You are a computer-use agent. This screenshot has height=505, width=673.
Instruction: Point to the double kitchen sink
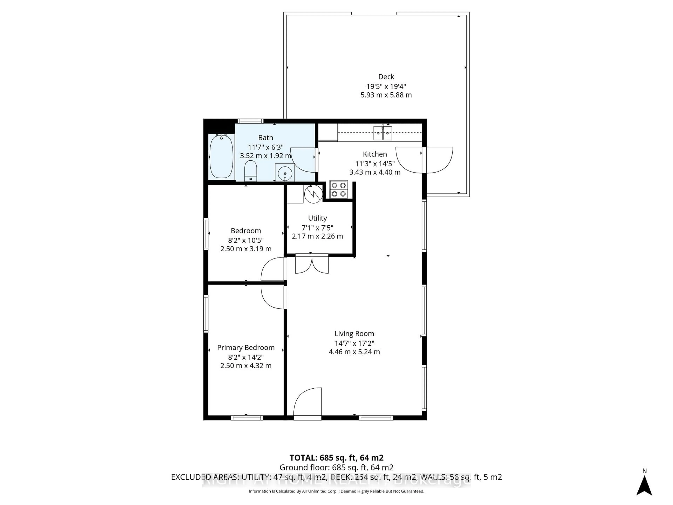pos(383,133)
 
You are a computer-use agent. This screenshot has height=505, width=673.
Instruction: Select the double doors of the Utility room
pos(312,264)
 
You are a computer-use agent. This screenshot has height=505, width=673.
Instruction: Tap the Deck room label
pos(386,77)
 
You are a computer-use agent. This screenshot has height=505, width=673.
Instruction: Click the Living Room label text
pos(354,334)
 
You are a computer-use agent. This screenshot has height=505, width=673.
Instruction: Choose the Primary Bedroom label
pos(246,348)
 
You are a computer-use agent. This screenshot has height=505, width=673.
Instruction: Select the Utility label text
pos(317,218)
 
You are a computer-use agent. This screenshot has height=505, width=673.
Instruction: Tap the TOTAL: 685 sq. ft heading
pos(336,457)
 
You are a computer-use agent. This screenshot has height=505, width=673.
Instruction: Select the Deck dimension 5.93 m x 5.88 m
pos(386,95)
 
